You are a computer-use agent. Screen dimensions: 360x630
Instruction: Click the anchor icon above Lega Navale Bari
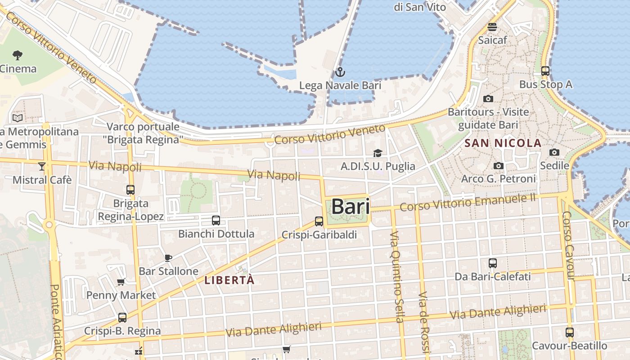pyautogui.click(x=340, y=72)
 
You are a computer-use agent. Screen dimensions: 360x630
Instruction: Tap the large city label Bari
pyautogui.click(x=351, y=207)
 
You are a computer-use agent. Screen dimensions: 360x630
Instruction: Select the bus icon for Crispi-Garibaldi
pyautogui.click(x=319, y=221)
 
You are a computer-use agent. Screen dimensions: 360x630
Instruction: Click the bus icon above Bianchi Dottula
pyautogui.click(x=216, y=220)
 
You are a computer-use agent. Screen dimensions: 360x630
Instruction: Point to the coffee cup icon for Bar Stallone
pyautogui.click(x=168, y=258)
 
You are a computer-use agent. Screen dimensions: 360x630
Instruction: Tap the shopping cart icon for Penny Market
pyautogui.click(x=121, y=282)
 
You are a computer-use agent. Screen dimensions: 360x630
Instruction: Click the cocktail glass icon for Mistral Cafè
pyautogui.click(x=42, y=166)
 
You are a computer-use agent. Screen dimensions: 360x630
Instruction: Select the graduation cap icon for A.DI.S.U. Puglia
pyautogui.click(x=378, y=153)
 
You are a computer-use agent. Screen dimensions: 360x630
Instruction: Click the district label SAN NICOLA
pyautogui.click(x=503, y=144)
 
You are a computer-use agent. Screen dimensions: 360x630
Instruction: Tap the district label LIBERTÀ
pyautogui.click(x=229, y=280)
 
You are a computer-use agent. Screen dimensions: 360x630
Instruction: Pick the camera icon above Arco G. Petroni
pyautogui.click(x=498, y=166)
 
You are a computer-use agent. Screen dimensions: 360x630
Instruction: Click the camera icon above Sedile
pyautogui.click(x=554, y=153)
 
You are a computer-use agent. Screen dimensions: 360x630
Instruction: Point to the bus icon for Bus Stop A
pyautogui.click(x=545, y=71)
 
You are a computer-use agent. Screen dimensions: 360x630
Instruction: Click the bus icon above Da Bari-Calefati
pyautogui.click(x=493, y=263)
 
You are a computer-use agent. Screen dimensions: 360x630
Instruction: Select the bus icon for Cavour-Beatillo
pyautogui.click(x=570, y=333)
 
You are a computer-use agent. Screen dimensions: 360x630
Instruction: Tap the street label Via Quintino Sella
pyautogui.click(x=396, y=277)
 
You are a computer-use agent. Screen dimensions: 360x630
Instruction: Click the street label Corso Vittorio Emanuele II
pyautogui.click(x=468, y=202)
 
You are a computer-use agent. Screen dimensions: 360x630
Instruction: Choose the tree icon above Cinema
pyautogui.click(x=18, y=55)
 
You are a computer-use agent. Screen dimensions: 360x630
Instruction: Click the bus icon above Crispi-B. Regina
pyautogui.click(x=122, y=318)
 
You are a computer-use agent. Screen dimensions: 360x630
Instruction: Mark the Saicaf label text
pyautogui.click(x=492, y=40)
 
